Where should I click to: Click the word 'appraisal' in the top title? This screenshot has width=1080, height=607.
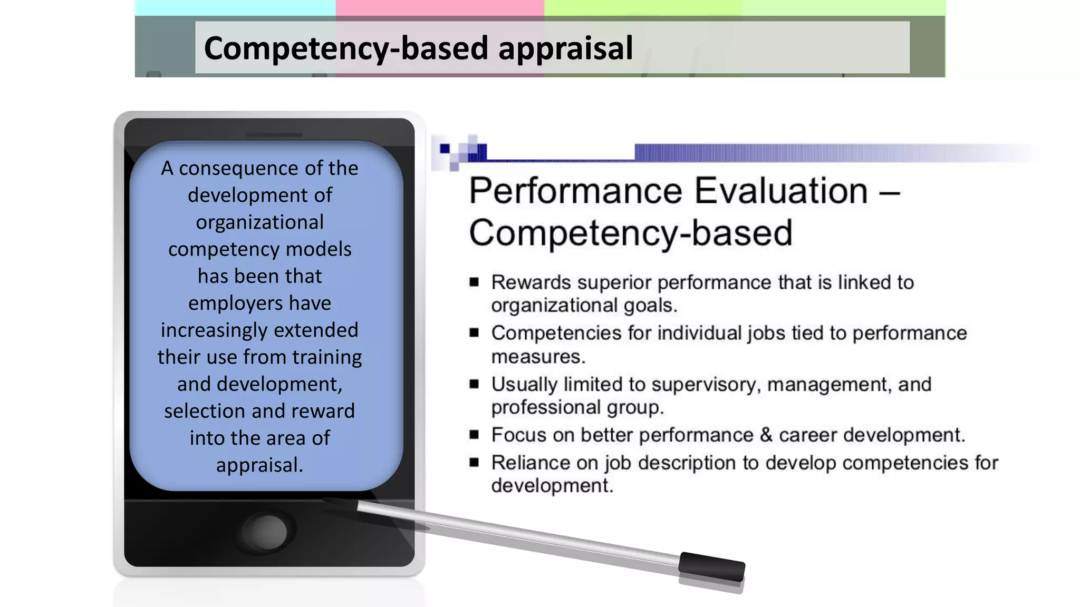[565, 48]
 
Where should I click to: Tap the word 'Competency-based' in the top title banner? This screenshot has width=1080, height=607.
[346, 48]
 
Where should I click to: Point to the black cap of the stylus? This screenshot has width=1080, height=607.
[711, 567]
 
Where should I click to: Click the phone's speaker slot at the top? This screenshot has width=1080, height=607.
[274, 135]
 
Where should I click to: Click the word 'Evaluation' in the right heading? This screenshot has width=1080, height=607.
[781, 191]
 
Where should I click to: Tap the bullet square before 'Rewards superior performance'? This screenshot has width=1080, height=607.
[474, 282]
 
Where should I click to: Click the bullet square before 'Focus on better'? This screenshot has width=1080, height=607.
[474, 435]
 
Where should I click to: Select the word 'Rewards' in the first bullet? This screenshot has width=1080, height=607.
[531, 282]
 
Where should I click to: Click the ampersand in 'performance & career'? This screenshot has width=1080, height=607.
[766, 435]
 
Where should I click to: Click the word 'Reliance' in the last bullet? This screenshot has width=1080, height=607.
[531, 463]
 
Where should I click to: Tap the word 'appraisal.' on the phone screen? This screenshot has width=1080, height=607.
[259, 465]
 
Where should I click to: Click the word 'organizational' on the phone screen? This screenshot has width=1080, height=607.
[259, 222]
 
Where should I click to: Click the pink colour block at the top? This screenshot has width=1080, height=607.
[439, 7]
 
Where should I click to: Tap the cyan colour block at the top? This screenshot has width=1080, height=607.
[235, 7]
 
